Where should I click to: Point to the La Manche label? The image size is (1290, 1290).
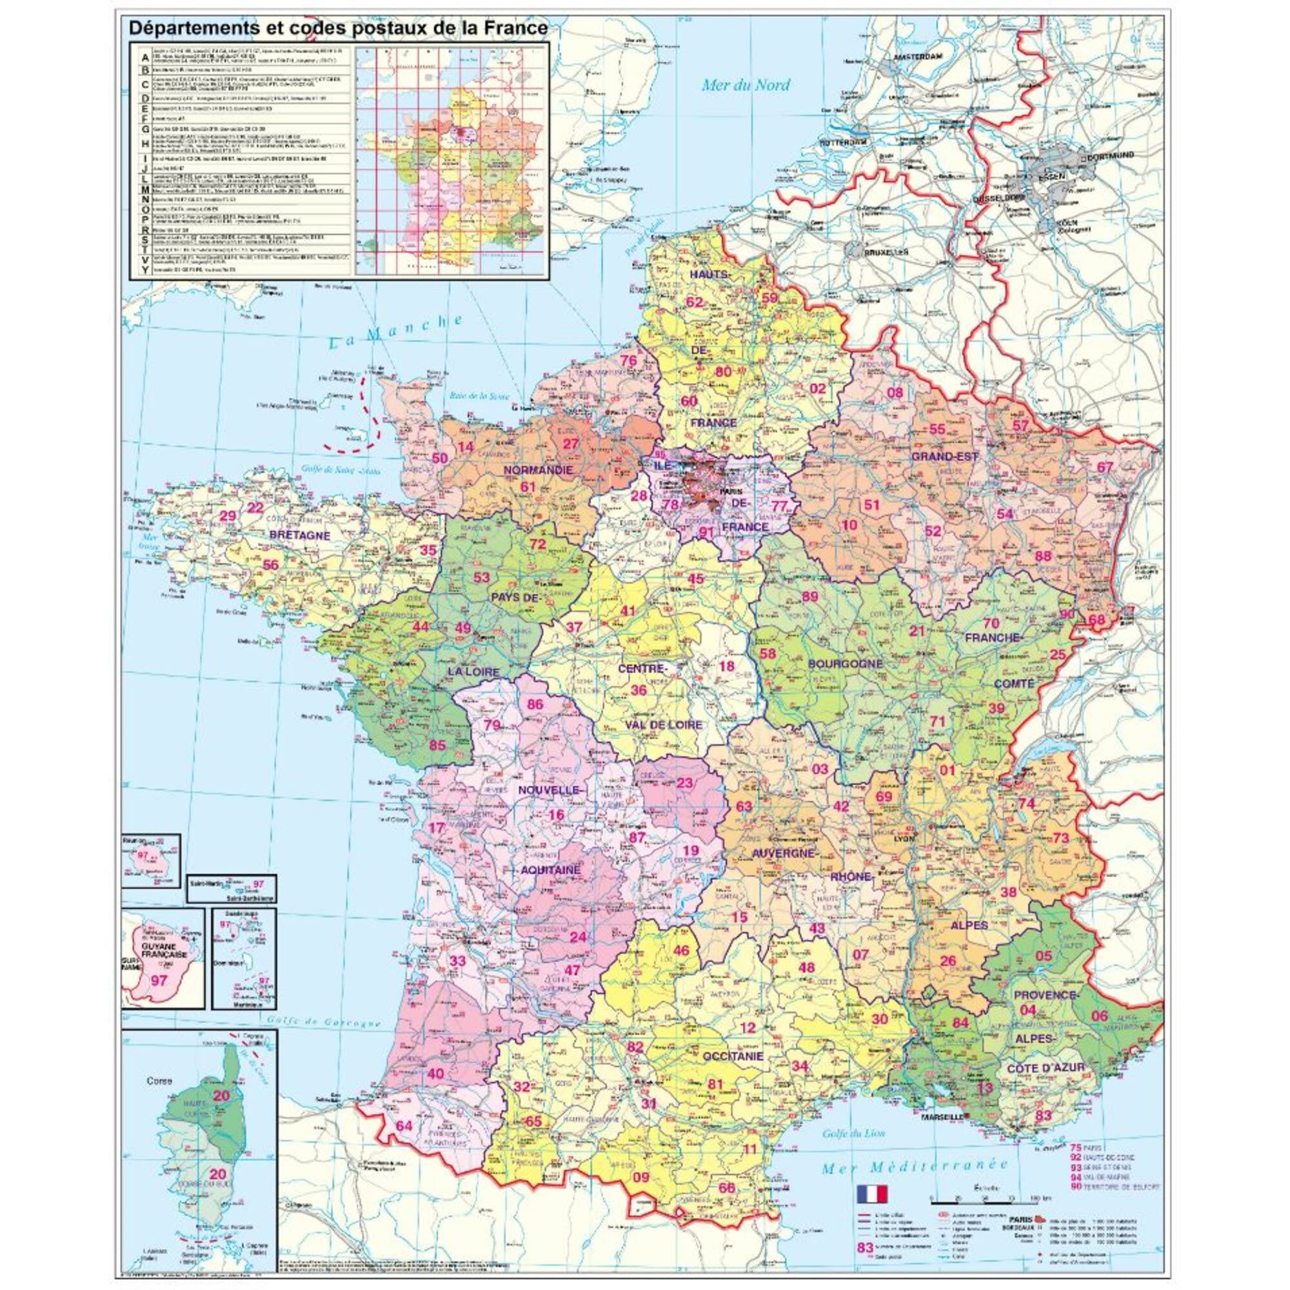396,331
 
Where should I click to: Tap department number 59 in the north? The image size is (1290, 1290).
770,298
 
